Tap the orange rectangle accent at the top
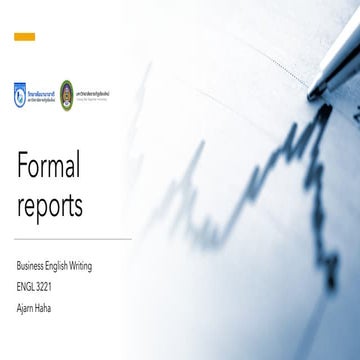(x=25, y=37)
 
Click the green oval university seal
(x=67, y=91)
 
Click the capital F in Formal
(x=23, y=165)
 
